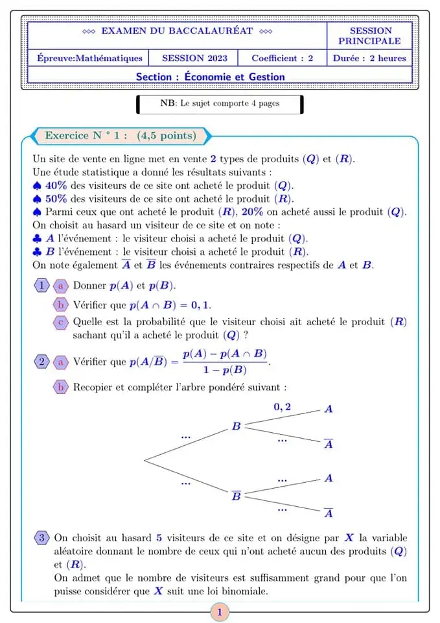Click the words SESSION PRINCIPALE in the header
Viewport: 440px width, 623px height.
tap(370, 36)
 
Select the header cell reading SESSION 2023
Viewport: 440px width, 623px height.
tap(194, 58)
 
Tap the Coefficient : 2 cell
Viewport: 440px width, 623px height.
tap(282, 58)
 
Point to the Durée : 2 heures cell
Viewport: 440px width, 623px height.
tap(369, 58)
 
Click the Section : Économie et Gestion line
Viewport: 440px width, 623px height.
tap(210, 77)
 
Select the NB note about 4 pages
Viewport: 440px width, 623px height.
tap(220, 104)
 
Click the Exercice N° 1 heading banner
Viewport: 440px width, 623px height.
tap(121, 136)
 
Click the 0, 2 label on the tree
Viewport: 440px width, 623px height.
tap(282, 407)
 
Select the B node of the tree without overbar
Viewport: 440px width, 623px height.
tap(237, 426)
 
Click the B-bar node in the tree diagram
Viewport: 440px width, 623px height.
tap(237, 496)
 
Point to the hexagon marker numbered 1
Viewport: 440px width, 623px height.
tap(41, 286)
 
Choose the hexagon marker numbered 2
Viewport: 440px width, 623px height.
tap(41, 361)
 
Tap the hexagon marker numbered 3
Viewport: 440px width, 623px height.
tap(41, 538)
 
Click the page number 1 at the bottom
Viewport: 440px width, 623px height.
tap(220, 612)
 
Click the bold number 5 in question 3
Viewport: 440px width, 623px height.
tap(159, 538)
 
